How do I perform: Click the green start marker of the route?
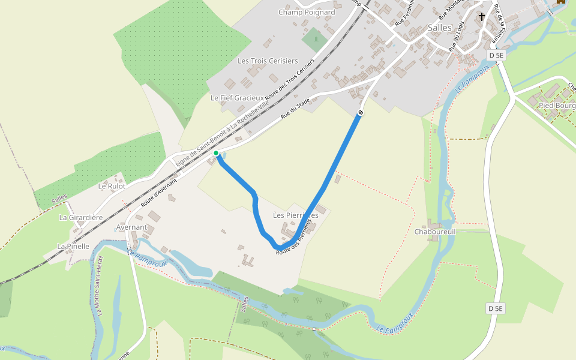(216, 153)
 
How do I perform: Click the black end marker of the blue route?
(361, 112)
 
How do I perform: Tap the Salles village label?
(440, 28)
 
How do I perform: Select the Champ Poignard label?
(307, 12)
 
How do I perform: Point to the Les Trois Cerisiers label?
(268, 61)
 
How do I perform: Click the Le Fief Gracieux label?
(237, 97)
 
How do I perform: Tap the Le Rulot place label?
(112, 186)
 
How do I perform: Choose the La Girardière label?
(81, 217)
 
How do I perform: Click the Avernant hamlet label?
(131, 227)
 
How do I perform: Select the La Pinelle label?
(73, 246)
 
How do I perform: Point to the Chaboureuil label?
(435, 232)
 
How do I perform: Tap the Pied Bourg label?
(557, 105)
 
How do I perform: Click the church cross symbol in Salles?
(482, 17)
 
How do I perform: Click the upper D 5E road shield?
(495, 56)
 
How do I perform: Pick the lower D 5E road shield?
(496, 308)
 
